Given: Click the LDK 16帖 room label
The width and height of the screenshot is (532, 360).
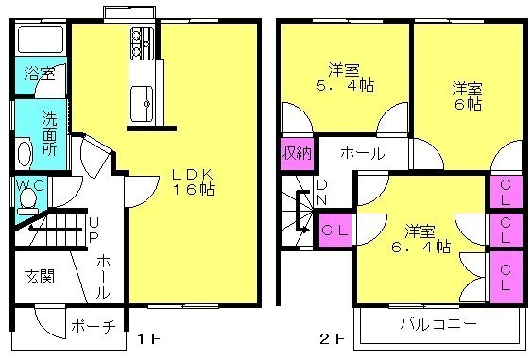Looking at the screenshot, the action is click(x=193, y=181).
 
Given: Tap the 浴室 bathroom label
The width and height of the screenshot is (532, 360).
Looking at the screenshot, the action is click(x=40, y=74).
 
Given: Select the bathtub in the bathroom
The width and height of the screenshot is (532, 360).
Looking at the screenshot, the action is click(x=41, y=40).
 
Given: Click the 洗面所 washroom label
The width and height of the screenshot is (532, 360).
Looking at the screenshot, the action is click(x=49, y=133).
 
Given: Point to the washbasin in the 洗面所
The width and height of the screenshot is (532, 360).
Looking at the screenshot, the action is click(x=24, y=154).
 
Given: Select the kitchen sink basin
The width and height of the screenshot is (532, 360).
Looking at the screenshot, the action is click(x=143, y=104).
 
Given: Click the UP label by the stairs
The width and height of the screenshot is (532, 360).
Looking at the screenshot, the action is click(x=94, y=230).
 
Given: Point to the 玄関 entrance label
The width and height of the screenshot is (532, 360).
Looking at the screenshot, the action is click(x=40, y=277).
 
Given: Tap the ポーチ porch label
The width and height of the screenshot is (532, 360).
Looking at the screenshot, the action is click(x=94, y=326).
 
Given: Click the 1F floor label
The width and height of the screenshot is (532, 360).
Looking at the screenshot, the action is click(x=148, y=338).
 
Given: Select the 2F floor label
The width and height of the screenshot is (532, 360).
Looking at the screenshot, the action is click(x=333, y=338).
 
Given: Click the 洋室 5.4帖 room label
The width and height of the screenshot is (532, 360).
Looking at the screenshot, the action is click(x=345, y=77).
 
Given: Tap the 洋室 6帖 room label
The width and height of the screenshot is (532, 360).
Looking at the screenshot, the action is click(x=467, y=96).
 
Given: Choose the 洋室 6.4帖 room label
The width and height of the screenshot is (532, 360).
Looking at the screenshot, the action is click(x=420, y=239).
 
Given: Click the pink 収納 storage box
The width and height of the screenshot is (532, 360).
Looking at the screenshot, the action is click(x=297, y=153).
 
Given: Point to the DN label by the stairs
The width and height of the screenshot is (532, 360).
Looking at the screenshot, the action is click(x=321, y=193).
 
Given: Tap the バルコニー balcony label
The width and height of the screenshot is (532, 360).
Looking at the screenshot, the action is click(x=438, y=324).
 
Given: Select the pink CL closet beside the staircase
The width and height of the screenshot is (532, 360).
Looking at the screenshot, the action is click(x=335, y=231).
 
